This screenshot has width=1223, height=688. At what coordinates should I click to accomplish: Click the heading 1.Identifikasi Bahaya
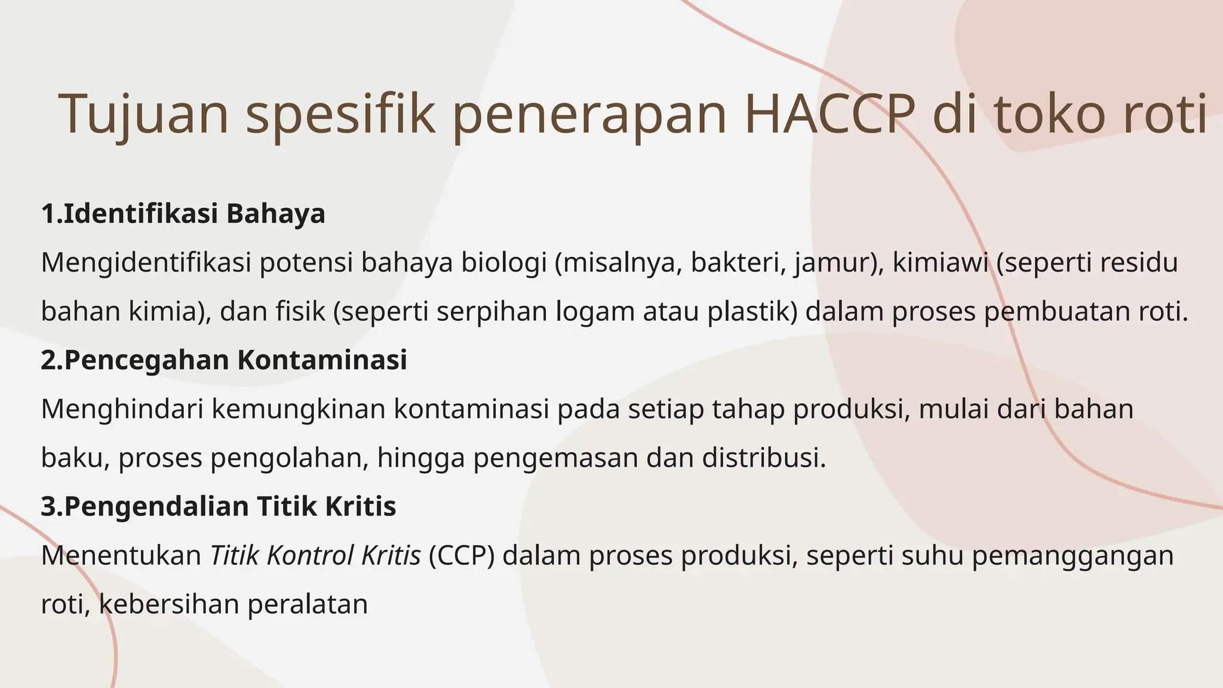coord(183,214)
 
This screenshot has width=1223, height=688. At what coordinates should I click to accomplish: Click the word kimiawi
coord(940,263)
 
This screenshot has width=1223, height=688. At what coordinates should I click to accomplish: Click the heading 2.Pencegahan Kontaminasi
coord(224,360)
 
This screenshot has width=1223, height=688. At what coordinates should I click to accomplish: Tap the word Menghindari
coord(122,409)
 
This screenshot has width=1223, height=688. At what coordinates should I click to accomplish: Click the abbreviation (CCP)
coord(462,555)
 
